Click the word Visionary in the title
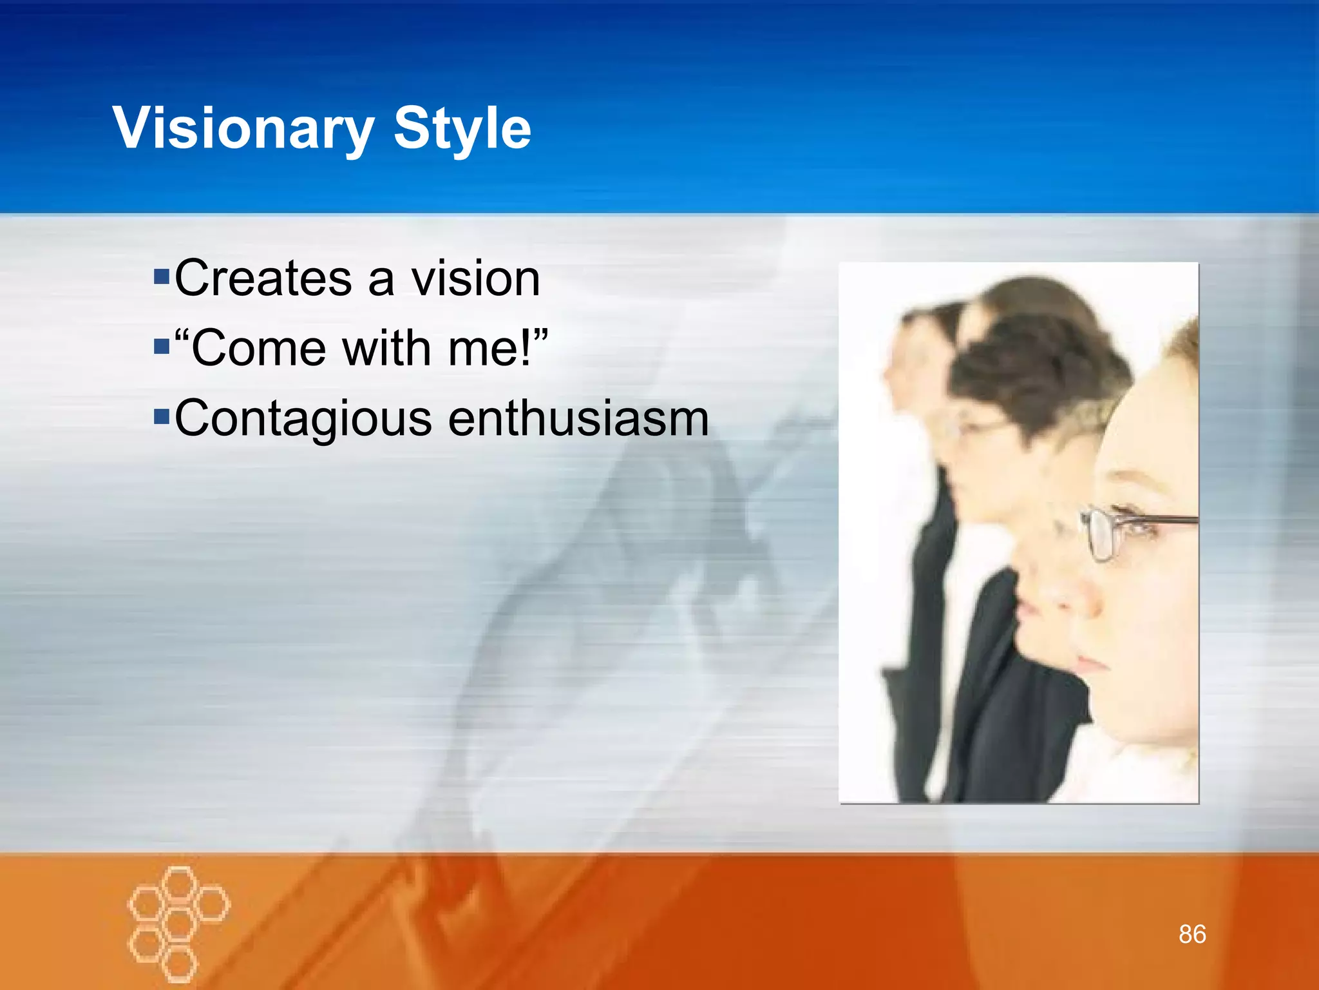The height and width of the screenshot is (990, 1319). [x=243, y=129]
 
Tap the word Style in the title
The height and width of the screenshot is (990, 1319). [x=462, y=129]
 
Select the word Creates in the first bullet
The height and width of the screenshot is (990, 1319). [x=263, y=278]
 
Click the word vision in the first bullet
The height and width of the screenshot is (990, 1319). [x=475, y=278]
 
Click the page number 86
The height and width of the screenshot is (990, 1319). [x=1192, y=934]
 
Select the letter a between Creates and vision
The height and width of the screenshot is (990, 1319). [x=380, y=282]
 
